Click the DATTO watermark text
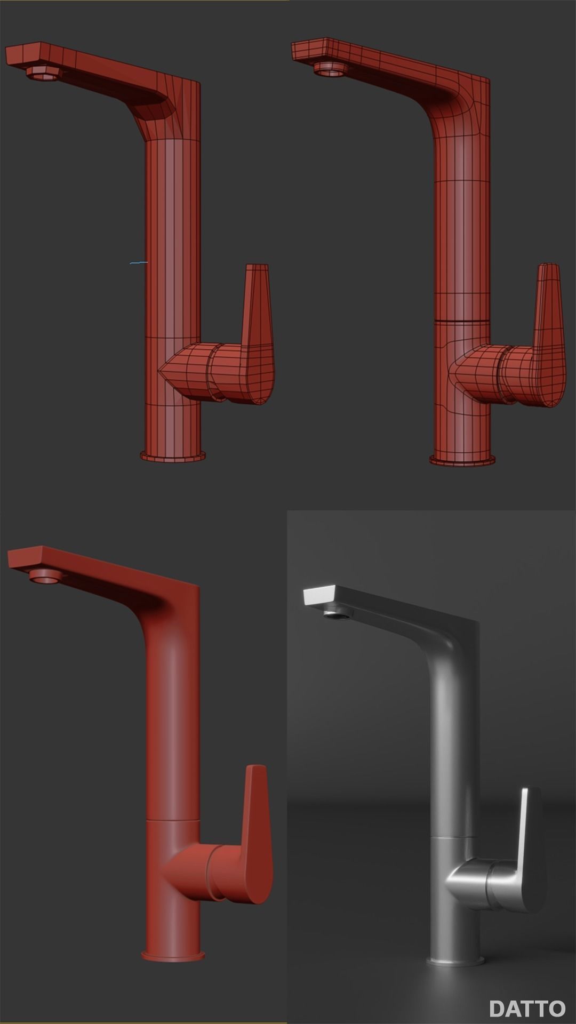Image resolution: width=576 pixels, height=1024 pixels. tap(527, 1008)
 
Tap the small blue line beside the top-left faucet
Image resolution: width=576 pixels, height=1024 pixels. tap(139, 262)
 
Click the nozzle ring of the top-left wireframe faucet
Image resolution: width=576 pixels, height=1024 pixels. tap(41, 73)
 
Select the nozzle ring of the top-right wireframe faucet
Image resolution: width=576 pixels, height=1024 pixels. tap(328, 69)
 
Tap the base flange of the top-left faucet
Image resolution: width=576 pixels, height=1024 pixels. tap(173, 456)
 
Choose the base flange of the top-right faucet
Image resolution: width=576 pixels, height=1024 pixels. tap(462, 460)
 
